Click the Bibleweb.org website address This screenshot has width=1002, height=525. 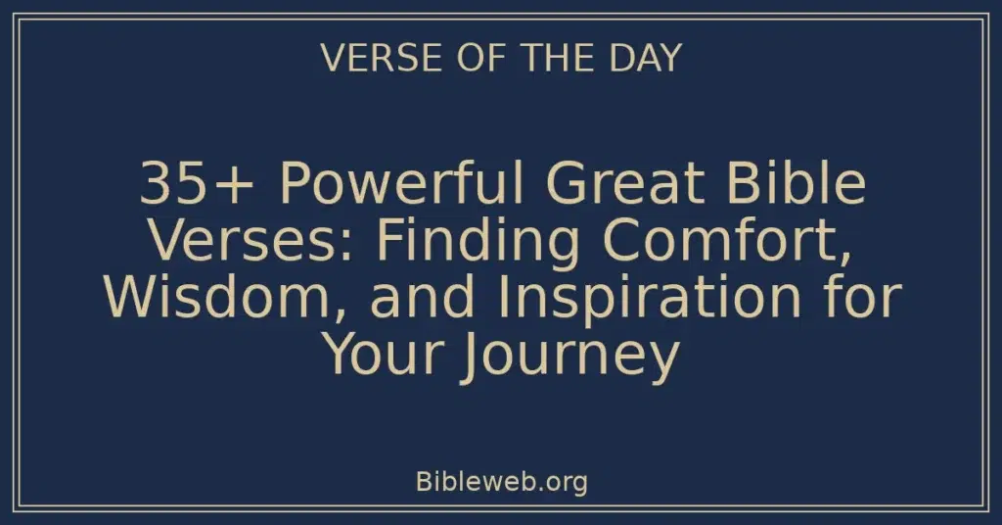pyautogui.click(x=501, y=482)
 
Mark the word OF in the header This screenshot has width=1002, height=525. pyautogui.click(x=463, y=59)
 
